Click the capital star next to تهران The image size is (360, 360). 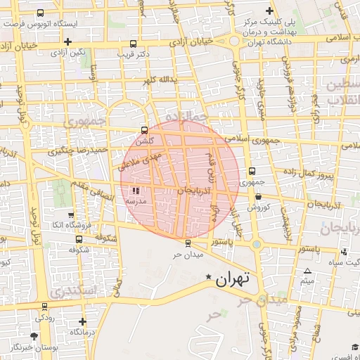[207, 278]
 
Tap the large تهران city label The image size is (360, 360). [232, 279]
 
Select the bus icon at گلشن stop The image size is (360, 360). [144, 130]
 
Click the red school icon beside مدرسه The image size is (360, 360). [136, 191]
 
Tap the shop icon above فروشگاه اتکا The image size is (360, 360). [70, 214]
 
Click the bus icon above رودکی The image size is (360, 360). [45, 306]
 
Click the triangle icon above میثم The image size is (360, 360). [307, 271]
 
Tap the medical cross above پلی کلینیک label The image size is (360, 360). [269, 11]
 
